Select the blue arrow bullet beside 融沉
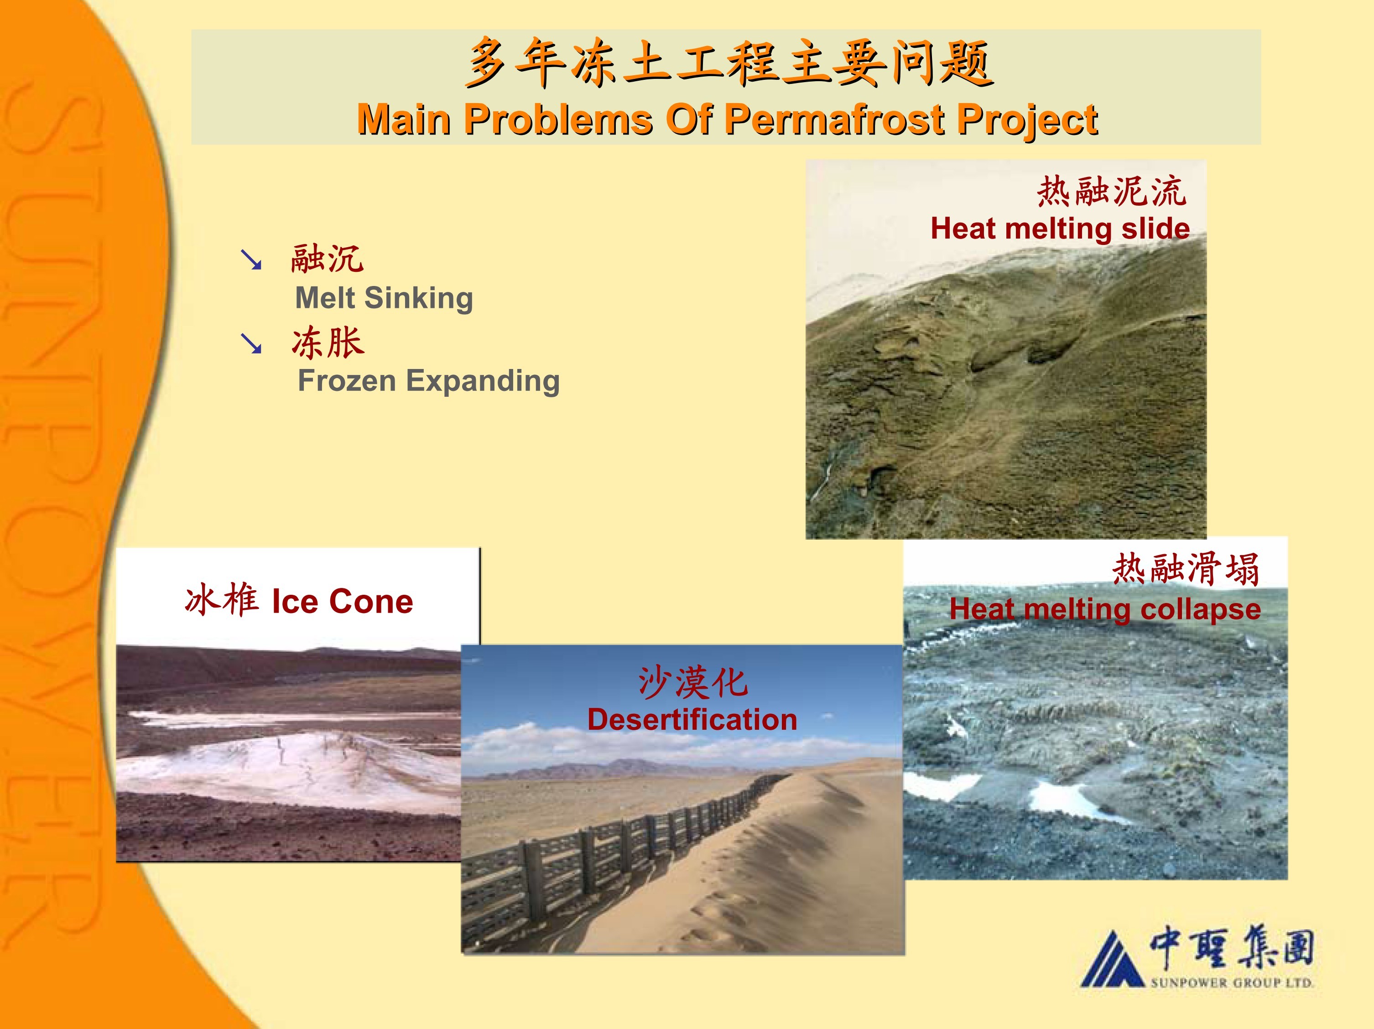point(251,260)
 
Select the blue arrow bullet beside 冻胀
point(251,343)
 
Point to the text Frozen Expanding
point(429,381)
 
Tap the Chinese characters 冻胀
point(328,343)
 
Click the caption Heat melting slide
point(1060,229)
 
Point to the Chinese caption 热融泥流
point(1111,191)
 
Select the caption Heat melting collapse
point(1105,609)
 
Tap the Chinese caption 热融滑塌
point(1186,569)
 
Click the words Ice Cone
point(342,601)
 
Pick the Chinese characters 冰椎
point(222,600)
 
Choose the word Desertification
point(692,720)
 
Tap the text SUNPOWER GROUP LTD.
point(1232,982)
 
